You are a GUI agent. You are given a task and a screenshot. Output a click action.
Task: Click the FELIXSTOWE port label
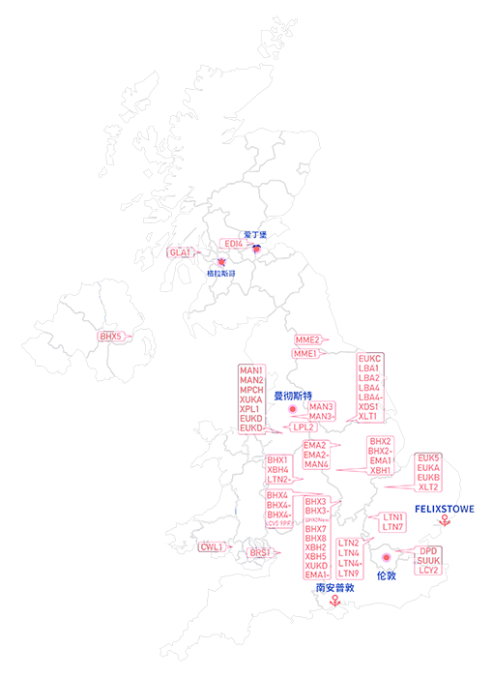coord(444,508)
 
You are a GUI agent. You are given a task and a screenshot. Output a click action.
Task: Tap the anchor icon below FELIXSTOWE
coord(444,521)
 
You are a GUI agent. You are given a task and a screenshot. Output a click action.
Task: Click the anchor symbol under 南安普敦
coord(335,601)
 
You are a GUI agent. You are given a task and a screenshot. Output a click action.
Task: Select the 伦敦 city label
coord(386,575)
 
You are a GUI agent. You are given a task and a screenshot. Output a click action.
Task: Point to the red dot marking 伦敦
coord(386,557)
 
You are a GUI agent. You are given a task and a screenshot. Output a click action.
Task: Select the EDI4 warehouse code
coord(233,245)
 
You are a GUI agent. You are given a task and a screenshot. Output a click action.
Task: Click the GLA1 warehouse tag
coord(180,253)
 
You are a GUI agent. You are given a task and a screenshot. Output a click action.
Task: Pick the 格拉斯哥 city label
coord(221,274)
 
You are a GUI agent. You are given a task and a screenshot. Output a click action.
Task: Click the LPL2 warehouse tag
coord(304,427)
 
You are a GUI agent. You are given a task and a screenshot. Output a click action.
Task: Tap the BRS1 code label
coord(259,553)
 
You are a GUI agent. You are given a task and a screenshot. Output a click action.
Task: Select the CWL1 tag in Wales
coord(212,547)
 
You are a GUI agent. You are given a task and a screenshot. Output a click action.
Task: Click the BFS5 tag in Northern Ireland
coord(111,336)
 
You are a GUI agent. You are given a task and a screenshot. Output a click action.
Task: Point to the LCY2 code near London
coord(428,571)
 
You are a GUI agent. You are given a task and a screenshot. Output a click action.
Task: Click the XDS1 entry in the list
coord(369,407)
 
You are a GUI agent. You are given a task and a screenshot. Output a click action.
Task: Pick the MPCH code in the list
coord(250,390)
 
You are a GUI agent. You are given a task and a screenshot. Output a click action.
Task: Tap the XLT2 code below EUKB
coord(428,487)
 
